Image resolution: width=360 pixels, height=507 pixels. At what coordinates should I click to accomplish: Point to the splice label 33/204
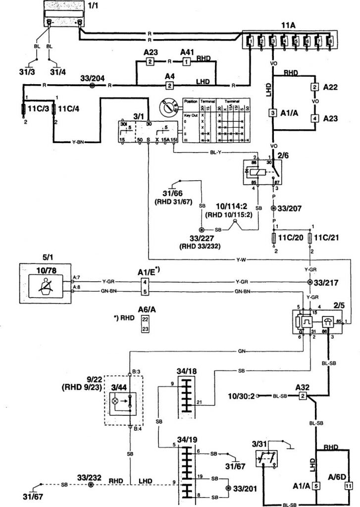tap(93, 78)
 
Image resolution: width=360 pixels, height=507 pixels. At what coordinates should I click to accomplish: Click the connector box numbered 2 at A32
tap(302, 396)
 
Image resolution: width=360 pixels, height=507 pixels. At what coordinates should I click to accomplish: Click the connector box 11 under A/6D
tap(347, 486)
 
